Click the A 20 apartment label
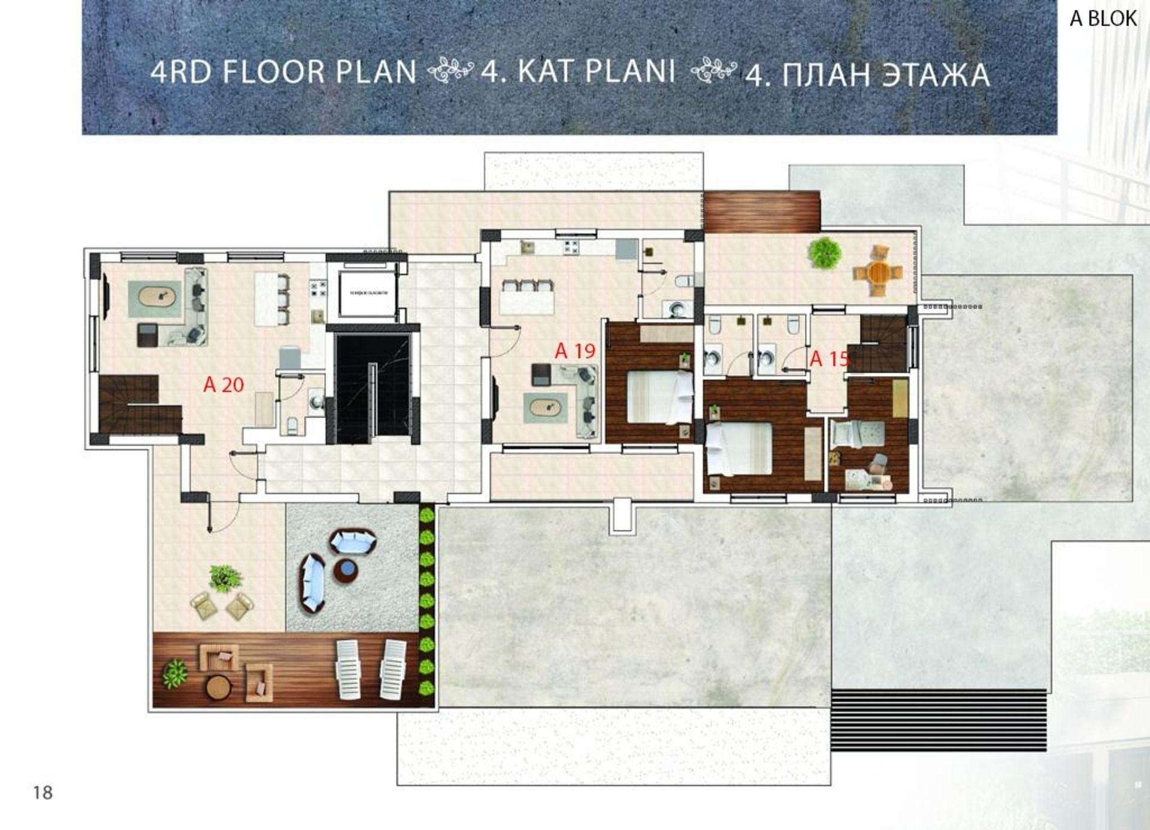[x=223, y=384]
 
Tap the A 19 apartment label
[x=575, y=351]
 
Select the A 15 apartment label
[x=830, y=359]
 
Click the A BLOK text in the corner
[x=1103, y=19]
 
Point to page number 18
[x=43, y=793]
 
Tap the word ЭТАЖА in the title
[x=936, y=75]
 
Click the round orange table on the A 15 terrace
[x=878, y=272]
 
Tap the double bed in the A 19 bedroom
[x=659, y=397]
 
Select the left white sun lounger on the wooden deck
[x=349, y=669]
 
